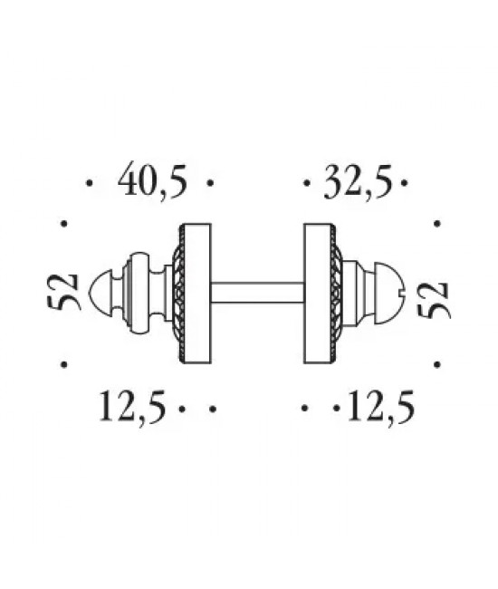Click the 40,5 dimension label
click(x=152, y=183)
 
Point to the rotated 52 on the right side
click(x=436, y=296)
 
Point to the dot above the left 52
click(x=62, y=222)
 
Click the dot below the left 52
click(x=62, y=364)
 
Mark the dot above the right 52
click(x=438, y=222)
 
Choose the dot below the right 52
click(x=438, y=364)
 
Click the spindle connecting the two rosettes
click(x=256, y=293)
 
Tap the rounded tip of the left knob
click(x=101, y=293)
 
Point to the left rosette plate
click(x=196, y=293)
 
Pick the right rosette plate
click(x=319, y=293)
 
